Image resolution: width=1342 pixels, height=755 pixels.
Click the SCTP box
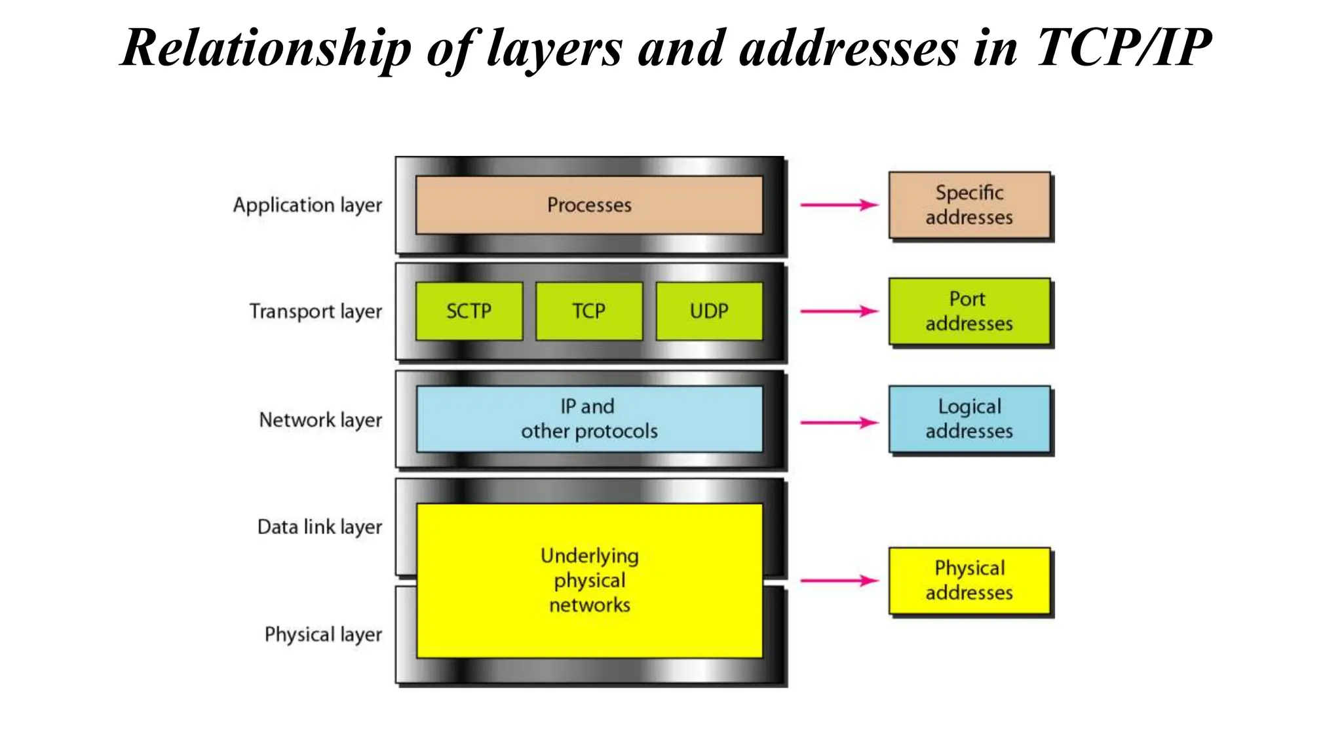[469, 311]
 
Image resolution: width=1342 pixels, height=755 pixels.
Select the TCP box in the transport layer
[588, 311]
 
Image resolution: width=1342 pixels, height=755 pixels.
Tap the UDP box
[709, 311]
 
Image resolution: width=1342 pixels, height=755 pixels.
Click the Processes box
[589, 205]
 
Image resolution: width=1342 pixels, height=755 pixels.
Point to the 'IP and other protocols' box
[589, 419]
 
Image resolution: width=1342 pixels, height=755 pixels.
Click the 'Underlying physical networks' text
[589, 580]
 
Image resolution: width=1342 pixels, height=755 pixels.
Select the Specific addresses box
[969, 205]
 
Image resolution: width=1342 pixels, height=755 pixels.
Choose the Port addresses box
[969, 311]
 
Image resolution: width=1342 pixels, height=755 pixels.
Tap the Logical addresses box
[969, 419]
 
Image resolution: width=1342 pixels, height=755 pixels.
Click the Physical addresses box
[969, 581]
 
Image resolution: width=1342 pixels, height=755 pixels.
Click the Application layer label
[307, 205]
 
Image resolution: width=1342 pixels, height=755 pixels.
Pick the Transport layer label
[315, 311]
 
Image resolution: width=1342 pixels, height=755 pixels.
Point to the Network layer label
[320, 420]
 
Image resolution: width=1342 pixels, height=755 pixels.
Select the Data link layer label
[319, 527]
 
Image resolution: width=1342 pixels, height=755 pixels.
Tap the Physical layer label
[323, 634]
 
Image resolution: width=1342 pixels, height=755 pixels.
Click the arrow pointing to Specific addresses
[839, 205]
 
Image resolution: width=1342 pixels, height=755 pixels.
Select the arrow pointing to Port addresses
[839, 311]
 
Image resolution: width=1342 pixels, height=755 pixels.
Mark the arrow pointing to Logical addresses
[839, 423]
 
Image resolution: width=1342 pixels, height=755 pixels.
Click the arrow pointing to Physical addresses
[839, 581]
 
